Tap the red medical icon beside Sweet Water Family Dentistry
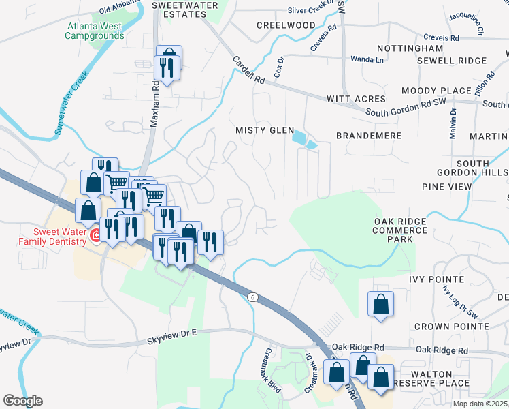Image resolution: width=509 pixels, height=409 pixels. (96, 236)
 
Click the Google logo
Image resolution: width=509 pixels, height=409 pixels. (22, 401)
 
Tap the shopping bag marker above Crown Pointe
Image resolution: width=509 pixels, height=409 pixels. (380, 305)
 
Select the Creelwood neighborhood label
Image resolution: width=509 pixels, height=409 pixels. (286, 25)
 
